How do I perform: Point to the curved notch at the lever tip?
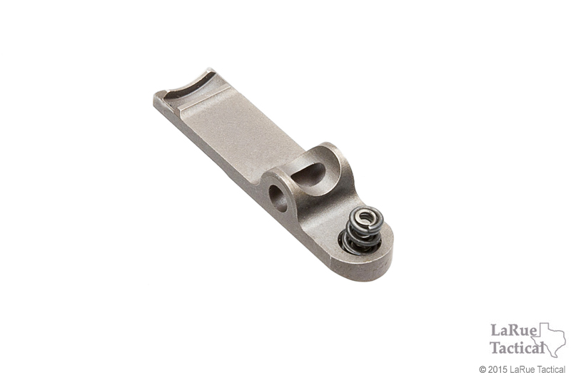coord(187,86)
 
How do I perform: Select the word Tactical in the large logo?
coord(515,348)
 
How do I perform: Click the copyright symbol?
coord(482,370)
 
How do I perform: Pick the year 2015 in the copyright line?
coord(497,370)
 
